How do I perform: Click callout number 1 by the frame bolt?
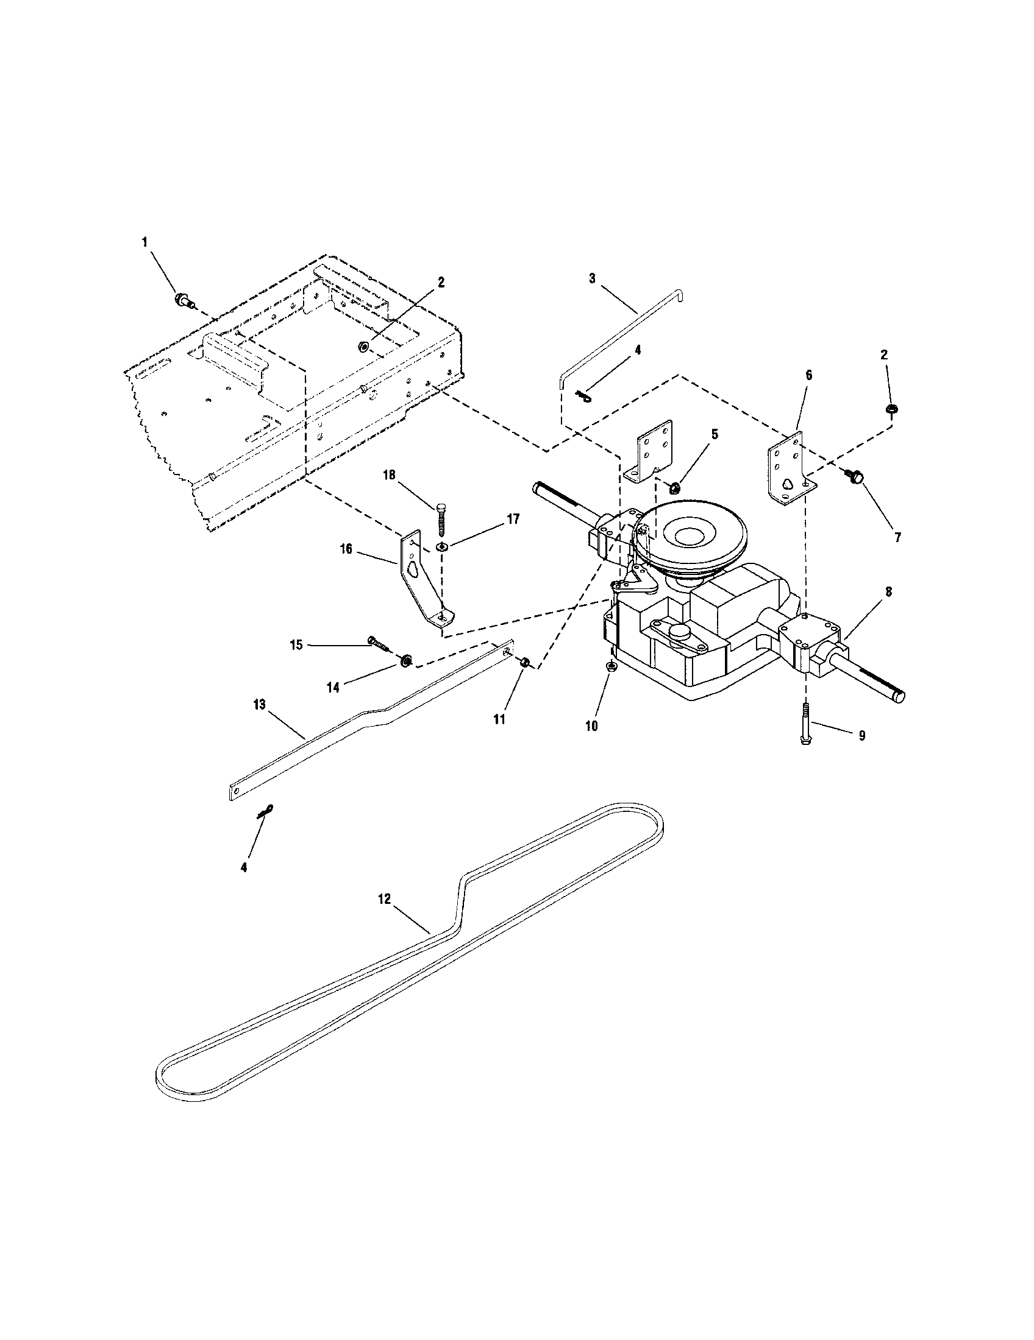[x=145, y=242]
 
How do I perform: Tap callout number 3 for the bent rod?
[x=592, y=278]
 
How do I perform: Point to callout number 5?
[x=714, y=434]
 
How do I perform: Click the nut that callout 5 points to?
[x=674, y=488]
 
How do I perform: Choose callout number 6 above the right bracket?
[x=808, y=375]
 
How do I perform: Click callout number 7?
[x=897, y=537]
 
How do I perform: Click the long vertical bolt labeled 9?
[x=591, y=726]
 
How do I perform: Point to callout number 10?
[x=499, y=719]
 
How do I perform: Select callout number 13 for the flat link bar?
[x=332, y=688]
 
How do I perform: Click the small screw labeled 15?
[x=346, y=548]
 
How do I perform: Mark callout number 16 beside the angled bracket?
[x=441, y=546]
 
